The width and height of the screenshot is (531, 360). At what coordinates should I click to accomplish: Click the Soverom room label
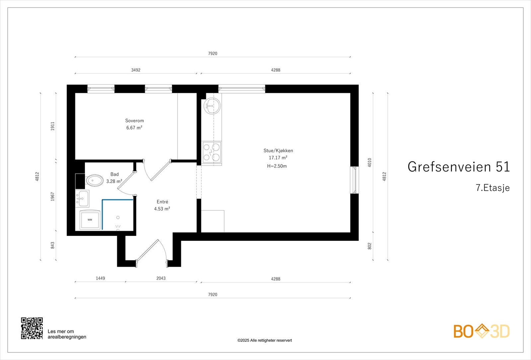pos(134,121)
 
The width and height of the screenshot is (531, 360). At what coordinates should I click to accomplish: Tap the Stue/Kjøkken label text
pos(278,151)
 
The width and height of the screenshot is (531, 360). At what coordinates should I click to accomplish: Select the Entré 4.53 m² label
pos(162,205)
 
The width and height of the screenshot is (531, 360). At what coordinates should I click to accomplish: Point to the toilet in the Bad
pos(95,181)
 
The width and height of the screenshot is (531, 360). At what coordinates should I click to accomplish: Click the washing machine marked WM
pos(90,220)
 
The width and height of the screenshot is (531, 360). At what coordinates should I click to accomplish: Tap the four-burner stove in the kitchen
pos(212,152)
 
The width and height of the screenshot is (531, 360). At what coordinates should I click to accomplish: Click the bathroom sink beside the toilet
pos(82,198)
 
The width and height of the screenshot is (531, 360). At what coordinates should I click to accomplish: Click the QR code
pos(32,328)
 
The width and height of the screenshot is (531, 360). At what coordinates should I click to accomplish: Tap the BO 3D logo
pos(481,331)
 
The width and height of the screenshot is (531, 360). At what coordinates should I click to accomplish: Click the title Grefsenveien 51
pos(458,167)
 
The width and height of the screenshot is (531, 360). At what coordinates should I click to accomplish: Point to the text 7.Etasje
pos(493,188)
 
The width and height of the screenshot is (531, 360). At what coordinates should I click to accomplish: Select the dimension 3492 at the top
pos(136,70)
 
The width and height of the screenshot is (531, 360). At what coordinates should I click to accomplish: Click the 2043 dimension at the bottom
pos(161,278)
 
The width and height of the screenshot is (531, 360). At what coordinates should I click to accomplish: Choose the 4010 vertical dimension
pos(370,162)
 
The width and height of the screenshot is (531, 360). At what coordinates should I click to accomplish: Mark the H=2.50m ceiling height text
pos(277,166)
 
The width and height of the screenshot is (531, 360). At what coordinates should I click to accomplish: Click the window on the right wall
pos(355,180)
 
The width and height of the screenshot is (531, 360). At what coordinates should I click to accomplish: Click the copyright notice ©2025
pos(265,340)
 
